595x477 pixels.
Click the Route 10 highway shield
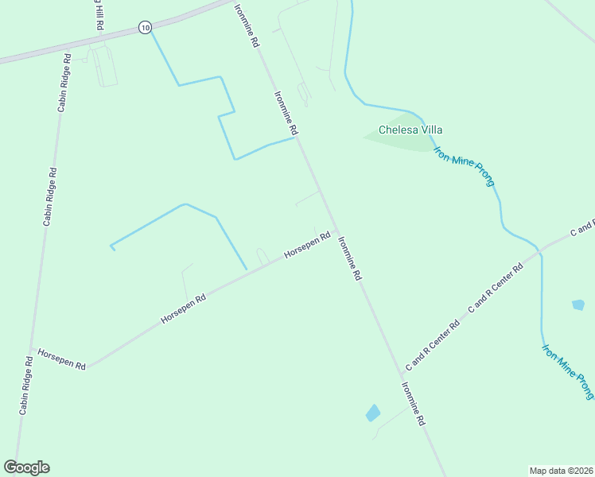point(143,27)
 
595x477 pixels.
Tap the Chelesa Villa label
point(410,130)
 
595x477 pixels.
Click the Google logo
point(27,467)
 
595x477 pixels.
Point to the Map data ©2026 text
point(561,470)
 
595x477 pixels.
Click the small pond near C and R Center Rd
point(578,304)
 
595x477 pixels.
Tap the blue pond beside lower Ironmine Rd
point(372,413)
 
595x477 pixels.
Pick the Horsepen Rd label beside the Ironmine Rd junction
point(307,246)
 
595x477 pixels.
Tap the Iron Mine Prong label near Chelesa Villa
point(465,166)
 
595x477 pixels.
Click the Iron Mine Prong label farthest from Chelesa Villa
point(568,371)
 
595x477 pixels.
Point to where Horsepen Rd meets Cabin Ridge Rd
point(32,350)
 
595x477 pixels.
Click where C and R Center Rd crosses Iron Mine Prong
point(541,251)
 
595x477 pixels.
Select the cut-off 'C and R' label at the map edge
point(583,227)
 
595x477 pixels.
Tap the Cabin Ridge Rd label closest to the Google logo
point(25,386)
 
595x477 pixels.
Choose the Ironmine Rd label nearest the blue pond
point(413,405)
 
